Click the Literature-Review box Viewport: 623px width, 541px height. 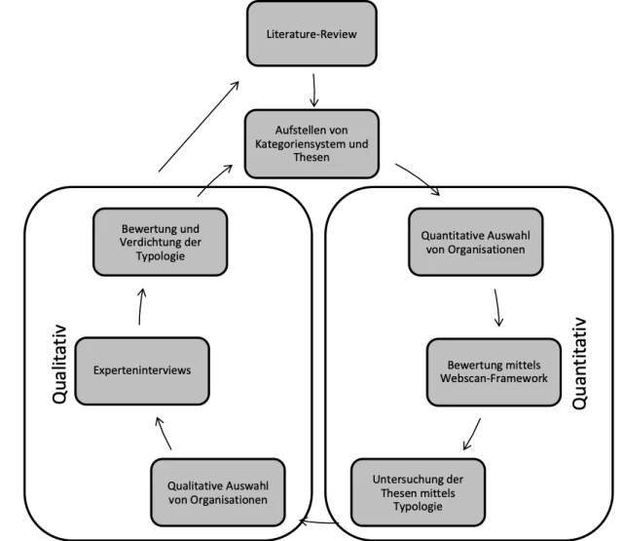[x=311, y=34]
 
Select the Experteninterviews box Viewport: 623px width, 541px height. [x=141, y=371]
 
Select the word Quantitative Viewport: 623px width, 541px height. [x=454, y=235]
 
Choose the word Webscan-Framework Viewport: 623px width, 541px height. [x=494, y=378]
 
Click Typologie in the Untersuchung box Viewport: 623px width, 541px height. [x=418, y=508]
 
